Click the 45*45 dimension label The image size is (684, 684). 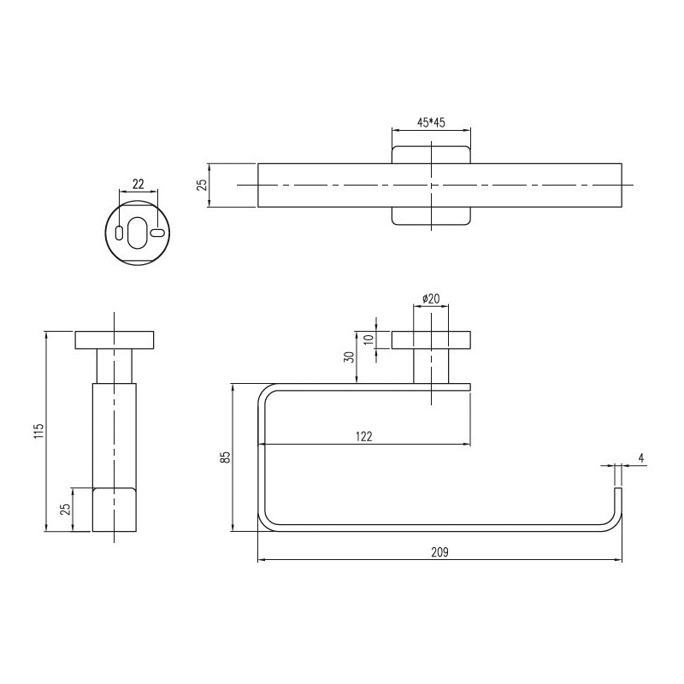[431, 122]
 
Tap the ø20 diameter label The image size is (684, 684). [431, 298]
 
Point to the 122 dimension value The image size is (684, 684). [363, 436]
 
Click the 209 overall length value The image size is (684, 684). [439, 552]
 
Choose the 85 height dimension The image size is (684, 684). [225, 457]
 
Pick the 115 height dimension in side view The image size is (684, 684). [38, 431]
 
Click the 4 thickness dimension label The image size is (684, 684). [640, 458]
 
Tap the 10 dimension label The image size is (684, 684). [369, 339]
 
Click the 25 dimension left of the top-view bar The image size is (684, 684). [202, 185]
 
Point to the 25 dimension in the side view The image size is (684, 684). [65, 510]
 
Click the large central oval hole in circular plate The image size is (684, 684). [137, 232]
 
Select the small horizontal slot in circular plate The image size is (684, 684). [156, 232]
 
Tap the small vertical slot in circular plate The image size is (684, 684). [118, 232]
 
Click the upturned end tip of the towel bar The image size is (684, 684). [619, 492]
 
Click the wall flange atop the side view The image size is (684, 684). [114, 339]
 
